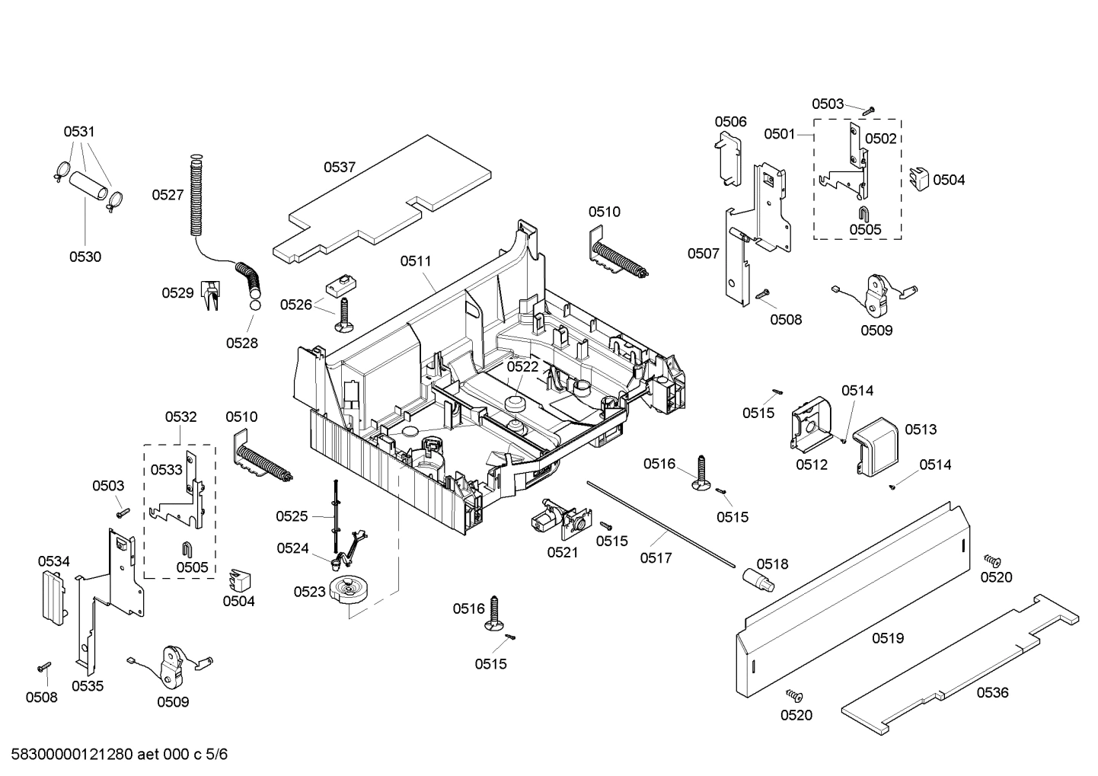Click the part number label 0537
click(x=340, y=168)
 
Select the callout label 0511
click(x=416, y=261)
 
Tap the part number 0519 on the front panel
click(x=887, y=638)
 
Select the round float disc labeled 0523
click(x=349, y=591)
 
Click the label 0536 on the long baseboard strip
click(x=992, y=692)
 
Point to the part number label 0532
click(x=180, y=417)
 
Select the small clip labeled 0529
click(x=209, y=295)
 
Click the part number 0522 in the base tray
click(x=522, y=366)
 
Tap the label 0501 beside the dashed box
click(x=779, y=134)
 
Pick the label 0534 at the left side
click(x=53, y=561)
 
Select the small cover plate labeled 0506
click(x=729, y=158)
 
